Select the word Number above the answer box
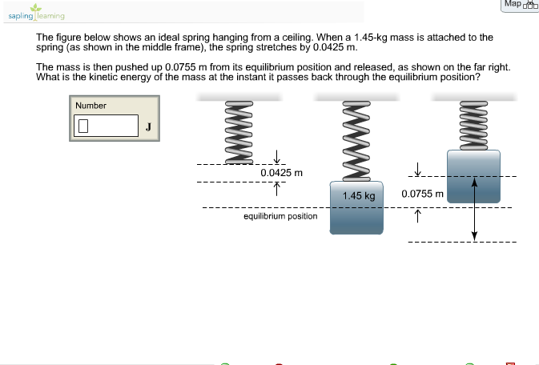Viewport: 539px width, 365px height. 91,106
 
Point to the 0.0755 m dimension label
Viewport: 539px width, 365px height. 422,194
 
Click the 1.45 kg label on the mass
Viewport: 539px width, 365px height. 358,195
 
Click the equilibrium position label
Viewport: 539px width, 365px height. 280,216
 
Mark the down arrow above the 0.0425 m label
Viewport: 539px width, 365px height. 276,157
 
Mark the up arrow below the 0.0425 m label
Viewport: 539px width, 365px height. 276,189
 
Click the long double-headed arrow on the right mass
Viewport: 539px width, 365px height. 474,208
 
